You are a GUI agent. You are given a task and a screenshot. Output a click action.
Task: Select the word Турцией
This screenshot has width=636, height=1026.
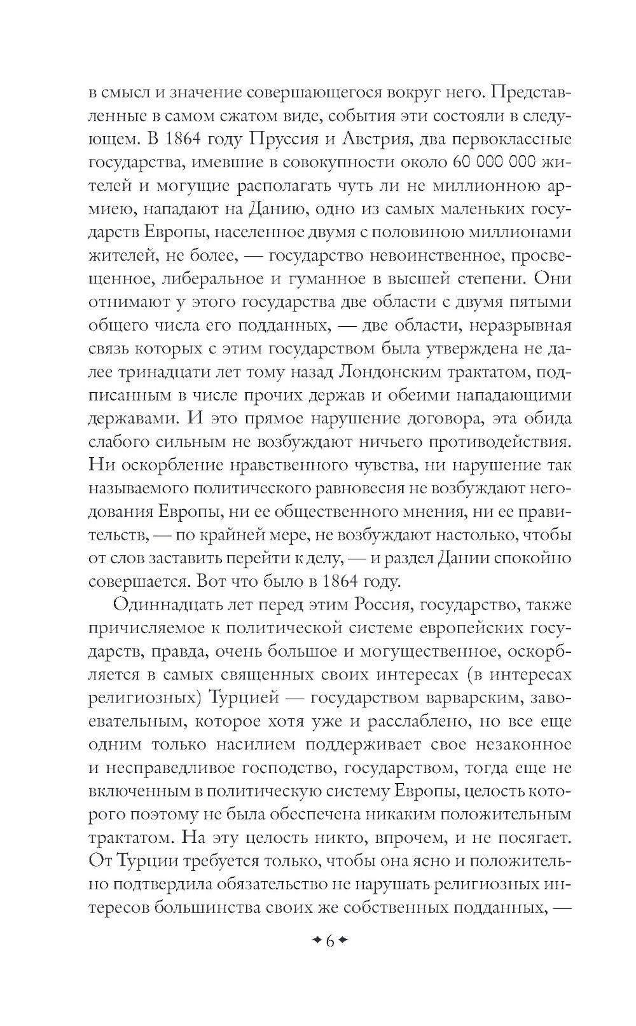(x=246, y=698)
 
